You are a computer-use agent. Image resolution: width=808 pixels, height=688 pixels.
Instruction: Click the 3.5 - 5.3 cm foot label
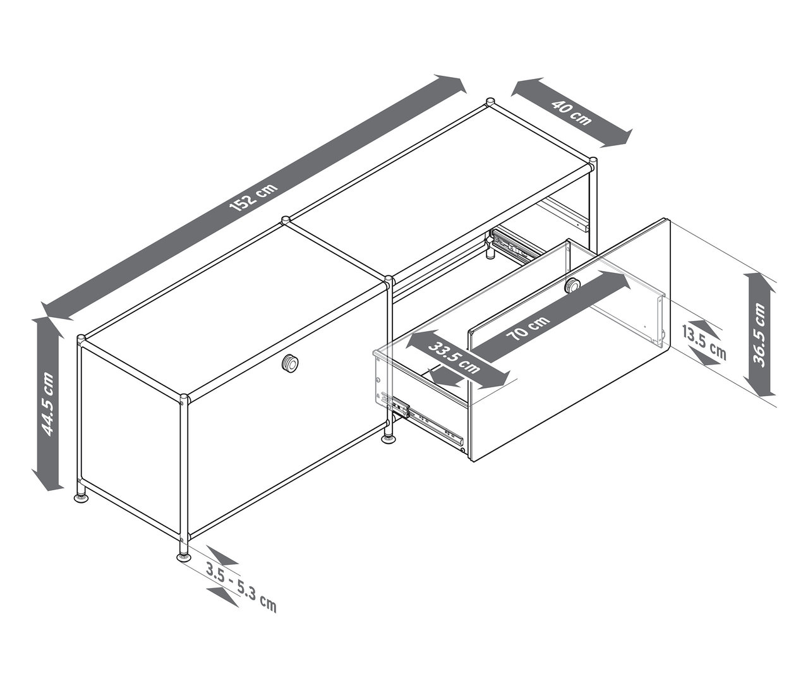point(241,588)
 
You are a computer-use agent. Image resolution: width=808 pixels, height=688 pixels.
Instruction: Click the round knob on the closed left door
point(291,363)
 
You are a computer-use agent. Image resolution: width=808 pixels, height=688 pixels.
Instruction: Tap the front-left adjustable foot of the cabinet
point(81,497)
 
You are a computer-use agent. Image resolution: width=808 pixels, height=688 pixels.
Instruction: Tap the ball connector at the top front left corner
point(81,339)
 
